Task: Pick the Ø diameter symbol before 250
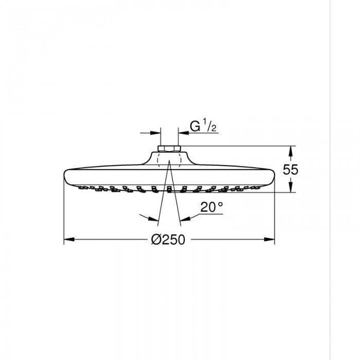[157, 239]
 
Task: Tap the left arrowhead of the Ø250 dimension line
[67, 239]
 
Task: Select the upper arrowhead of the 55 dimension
[291, 151]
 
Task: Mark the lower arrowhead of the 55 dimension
[291, 188]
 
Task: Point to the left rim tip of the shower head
[64, 173]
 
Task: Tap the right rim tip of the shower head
[274, 173]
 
